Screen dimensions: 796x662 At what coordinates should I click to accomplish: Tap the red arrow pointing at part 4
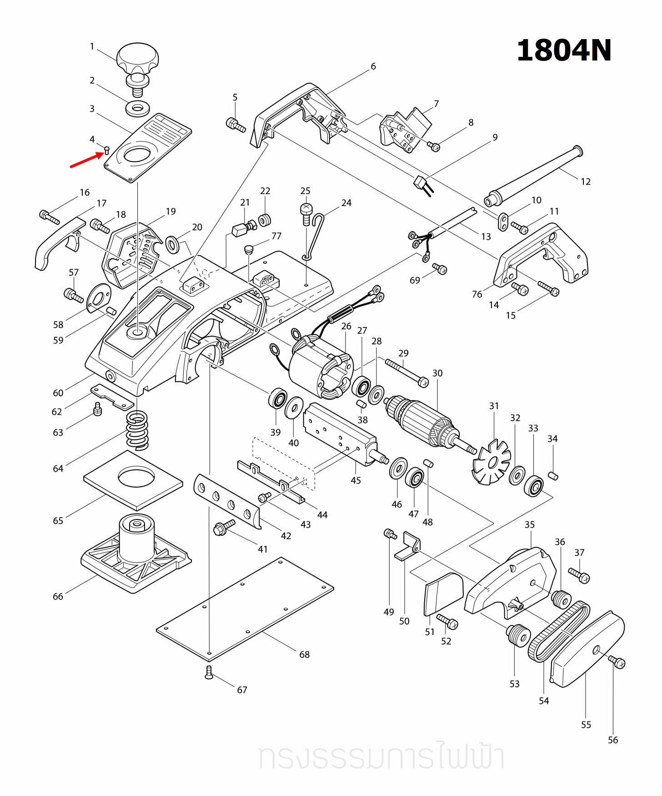coord(86,161)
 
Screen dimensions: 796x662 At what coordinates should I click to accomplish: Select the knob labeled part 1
coord(137,59)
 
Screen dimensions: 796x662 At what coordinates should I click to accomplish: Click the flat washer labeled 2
coord(138,109)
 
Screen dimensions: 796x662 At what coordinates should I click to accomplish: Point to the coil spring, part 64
coord(137,430)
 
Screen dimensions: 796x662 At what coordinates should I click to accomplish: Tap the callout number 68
coord(304,655)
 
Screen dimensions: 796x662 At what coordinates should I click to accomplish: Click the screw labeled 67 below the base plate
coord(209,672)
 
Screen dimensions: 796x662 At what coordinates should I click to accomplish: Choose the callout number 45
coord(356,480)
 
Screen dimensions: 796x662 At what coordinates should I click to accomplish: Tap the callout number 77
coord(276,236)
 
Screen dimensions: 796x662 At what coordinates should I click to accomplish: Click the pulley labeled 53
coord(518,634)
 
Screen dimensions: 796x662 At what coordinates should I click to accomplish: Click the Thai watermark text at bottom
coord(381,757)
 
